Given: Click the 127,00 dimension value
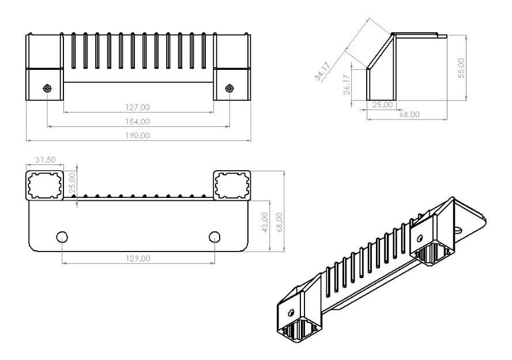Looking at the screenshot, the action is pos(137,107).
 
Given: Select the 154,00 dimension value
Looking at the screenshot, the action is pos(137,122).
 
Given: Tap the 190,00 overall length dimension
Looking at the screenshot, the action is pos(137,136).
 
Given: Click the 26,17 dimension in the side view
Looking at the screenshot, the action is pos(347,84).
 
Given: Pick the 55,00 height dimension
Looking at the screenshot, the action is pos(461,68).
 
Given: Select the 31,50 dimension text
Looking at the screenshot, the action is pos(46,160).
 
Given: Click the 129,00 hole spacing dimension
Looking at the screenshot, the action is pos(138,258).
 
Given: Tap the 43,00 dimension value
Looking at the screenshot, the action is pos(265,223).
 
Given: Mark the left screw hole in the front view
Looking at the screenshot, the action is pos(48,88).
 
